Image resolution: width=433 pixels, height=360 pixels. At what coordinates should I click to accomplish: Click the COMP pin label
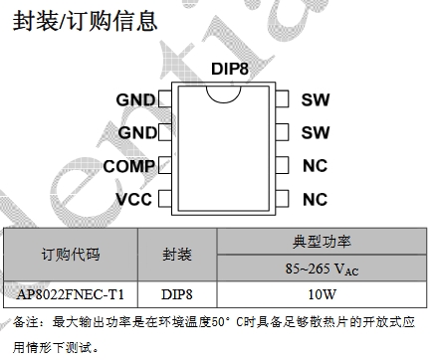coord(128,166)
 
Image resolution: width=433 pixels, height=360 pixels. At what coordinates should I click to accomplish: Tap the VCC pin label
coord(133,199)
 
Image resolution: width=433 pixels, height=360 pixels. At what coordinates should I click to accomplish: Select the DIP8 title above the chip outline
coord(230,69)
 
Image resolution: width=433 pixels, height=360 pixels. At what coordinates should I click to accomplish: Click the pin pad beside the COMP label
coord(165,165)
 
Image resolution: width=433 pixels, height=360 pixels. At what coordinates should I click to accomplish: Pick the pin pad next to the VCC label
coord(165,198)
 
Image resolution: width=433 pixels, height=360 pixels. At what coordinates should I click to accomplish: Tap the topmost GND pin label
coord(135,99)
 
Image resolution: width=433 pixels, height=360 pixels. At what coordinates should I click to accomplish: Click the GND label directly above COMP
coord(137,133)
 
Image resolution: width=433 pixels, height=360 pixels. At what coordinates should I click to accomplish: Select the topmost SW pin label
coord(316,99)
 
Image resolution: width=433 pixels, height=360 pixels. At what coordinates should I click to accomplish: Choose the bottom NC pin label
coord(315,199)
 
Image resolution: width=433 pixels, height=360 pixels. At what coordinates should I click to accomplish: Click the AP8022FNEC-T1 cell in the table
coord(71,294)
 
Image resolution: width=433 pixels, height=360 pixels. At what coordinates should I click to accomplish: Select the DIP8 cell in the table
coord(177,294)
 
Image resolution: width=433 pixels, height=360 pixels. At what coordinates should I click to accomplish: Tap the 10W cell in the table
coord(322,294)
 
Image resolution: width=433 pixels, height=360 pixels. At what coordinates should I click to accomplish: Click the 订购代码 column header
coord(71,255)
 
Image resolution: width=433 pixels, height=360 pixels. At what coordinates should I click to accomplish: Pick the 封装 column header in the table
coord(177,255)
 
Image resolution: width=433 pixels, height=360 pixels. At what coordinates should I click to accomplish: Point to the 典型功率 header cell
coord(322,242)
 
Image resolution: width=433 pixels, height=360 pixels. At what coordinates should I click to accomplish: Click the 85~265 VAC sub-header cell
coord(322,269)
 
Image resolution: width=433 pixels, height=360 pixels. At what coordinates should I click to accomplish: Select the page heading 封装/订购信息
coord(85,21)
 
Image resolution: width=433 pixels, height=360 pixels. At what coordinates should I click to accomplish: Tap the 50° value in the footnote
coord(221,322)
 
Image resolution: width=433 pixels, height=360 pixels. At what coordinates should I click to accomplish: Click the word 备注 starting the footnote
coord(26,322)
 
